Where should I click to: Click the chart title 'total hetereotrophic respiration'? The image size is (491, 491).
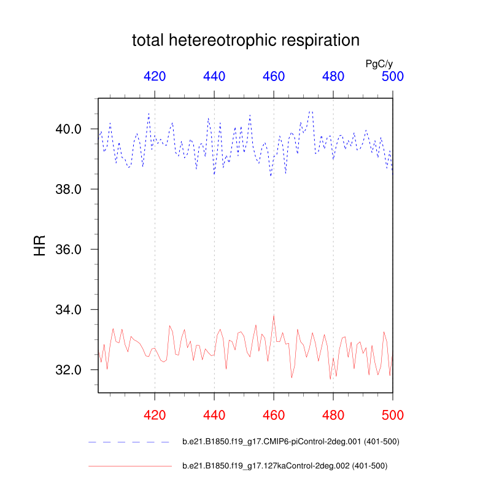pyautogui.click(x=245, y=41)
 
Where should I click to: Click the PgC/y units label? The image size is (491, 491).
pyautogui.click(x=379, y=64)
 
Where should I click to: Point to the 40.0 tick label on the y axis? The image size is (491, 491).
pyautogui.click(x=69, y=129)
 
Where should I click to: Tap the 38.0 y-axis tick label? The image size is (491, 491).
pyautogui.click(x=69, y=189)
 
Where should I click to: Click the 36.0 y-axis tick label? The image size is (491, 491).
pyautogui.click(x=69, y=249)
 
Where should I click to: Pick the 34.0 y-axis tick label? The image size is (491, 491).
pyautogui.click(x=69, y=309)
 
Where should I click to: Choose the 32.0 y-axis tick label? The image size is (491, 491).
pyautogui.click(x=69, y=369)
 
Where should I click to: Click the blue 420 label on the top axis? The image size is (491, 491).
pyautogui.click(x=155, y=77)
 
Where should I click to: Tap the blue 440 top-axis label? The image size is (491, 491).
pyautogui.click(x=214, y=77)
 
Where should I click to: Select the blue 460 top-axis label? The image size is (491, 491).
pyautogui.click(x=274, y=77)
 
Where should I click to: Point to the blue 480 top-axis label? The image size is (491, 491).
pyautogui.click(x=333, y=77)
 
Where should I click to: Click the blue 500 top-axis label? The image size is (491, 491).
pyautogui.click(x=393, y=77)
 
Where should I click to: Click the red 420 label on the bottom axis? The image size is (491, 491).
pyautogui.click(x=155, y=415)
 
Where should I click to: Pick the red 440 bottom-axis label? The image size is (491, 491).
pyautogui.click(x=214, y=415)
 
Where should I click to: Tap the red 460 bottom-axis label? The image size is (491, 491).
pyautogui.click(x=274, y=415)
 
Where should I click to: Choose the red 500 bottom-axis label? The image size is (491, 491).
pyautogui.click(x=393, y=415)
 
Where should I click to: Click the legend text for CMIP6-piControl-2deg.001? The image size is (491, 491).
pyautogui.click(x=292, y=441)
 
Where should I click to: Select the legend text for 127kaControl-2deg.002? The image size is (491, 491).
pyautogui.click(x=285, y=466)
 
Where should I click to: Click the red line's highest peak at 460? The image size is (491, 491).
pyautogui.click(x=274, y=315)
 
